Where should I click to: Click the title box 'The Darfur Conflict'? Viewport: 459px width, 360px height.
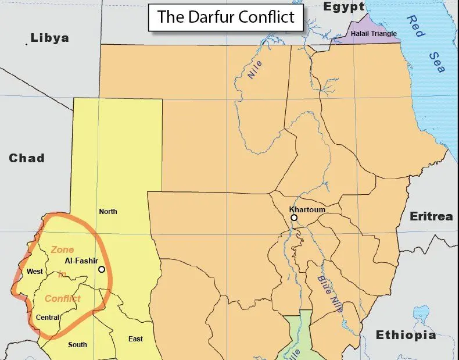click(225, 17)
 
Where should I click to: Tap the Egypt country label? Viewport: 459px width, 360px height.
click(344, 7)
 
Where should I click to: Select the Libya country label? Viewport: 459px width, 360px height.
click(49, 38)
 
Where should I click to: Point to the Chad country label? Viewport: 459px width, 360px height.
click(27, 158)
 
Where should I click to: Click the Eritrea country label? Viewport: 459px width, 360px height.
click(431, 216)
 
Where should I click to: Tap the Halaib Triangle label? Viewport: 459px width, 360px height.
click(373, 34)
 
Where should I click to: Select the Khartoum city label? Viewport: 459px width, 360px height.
click(307, 209)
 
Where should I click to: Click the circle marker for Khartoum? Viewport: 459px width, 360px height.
click(294, 218)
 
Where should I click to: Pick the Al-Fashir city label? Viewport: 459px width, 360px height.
click(81, 261)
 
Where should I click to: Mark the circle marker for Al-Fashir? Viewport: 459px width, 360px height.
click(102, 269)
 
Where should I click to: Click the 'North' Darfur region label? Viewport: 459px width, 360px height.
click(108, 211)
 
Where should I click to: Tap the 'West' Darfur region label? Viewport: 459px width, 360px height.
click(35, 272)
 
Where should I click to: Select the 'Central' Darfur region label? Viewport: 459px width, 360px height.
click(48, 318)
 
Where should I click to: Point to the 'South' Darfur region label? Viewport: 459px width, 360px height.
click(77, 344)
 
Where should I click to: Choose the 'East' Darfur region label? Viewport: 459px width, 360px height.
click(135, 339)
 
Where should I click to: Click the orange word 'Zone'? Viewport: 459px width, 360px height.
click(62, 249)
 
